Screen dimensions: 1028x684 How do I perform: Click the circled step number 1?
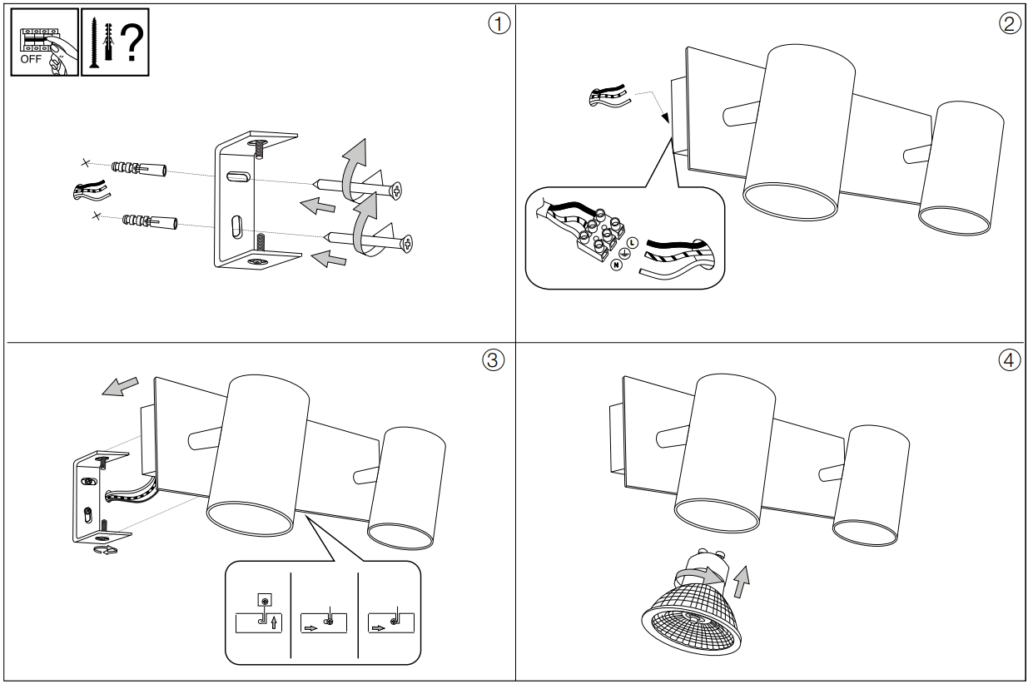499,23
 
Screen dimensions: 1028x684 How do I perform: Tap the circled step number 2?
1009,23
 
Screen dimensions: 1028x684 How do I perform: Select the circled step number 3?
494,360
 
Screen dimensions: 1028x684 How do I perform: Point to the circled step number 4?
1009,360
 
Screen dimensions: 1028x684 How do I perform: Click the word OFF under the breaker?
31,59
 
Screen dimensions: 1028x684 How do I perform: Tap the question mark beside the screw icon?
132,42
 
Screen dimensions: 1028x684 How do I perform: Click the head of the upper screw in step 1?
396,191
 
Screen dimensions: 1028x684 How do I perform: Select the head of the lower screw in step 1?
406,243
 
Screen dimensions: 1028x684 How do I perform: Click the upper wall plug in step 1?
139,168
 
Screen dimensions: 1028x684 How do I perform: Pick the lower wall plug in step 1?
150,221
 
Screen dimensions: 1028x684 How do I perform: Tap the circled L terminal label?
633,243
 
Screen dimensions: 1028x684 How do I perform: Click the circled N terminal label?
616,265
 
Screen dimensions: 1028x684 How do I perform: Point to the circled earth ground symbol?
624,253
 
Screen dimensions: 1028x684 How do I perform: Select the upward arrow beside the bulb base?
741,582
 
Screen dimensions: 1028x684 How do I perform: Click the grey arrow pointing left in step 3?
120,387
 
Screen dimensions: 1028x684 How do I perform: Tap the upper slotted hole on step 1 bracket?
238,176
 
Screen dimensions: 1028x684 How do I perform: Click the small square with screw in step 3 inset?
265,600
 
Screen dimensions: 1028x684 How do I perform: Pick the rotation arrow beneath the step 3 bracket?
105,550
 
